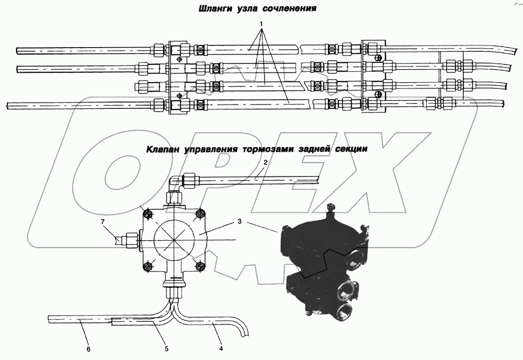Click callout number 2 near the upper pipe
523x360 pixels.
click(x=265, y=163)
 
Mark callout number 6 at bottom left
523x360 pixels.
click(x=88, y=348)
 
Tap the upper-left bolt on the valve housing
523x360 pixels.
click(x=148, y=214)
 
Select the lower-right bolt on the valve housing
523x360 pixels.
click(x=199, y=266)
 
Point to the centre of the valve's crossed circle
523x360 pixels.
click(x=174, y=240)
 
